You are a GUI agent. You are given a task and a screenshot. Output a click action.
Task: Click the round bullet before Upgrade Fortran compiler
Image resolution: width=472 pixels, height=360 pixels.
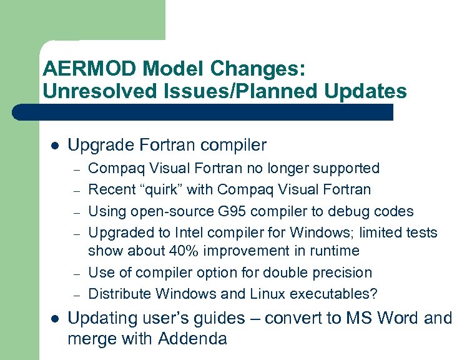(55, 146)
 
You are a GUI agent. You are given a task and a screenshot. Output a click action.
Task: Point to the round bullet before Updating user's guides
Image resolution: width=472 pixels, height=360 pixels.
(55, 319)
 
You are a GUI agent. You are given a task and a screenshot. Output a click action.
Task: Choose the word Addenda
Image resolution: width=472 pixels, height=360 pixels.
(192, 339)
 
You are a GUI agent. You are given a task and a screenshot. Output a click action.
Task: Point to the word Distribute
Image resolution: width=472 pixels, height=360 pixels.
(120, 294)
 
